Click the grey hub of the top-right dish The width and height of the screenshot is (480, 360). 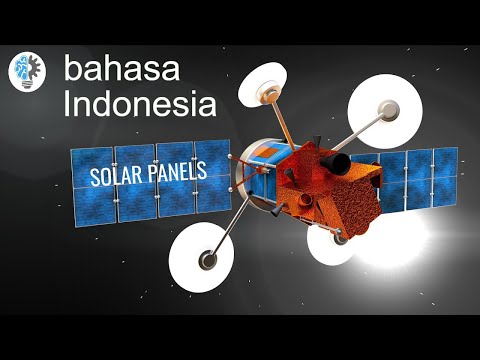[386, 112]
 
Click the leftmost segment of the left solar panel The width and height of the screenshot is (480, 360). [93, 184]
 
